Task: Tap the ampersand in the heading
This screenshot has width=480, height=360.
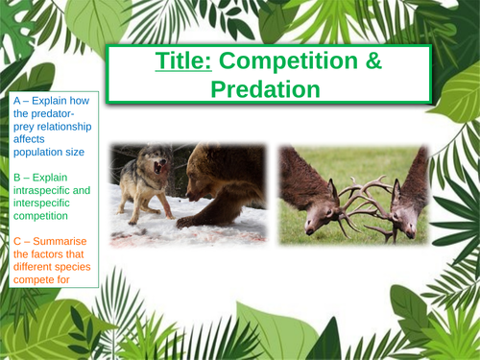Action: (x=343, y=61)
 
